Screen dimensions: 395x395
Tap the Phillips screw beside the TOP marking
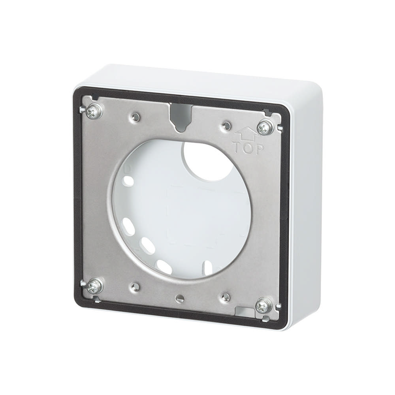point(265,128)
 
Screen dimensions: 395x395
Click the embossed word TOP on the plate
point(247,149)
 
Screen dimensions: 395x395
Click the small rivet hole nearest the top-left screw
point(135,116)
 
